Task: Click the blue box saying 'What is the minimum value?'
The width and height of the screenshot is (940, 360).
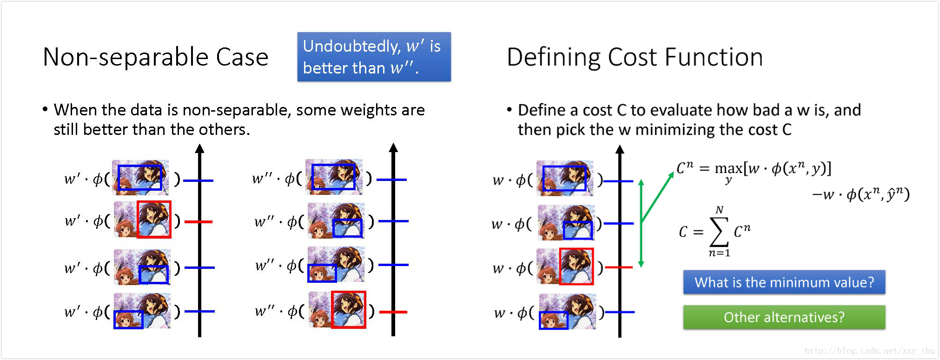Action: (784, 282)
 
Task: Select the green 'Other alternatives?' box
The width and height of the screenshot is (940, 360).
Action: (784, 317)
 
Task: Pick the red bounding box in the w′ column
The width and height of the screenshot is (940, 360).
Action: (154, 220)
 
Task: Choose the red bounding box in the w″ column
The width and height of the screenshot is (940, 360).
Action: (349, 310)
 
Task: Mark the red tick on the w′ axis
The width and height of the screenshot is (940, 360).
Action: (199, 222)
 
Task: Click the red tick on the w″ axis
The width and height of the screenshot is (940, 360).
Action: (393, 312)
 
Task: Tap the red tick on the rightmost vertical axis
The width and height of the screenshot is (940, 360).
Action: (619, 267)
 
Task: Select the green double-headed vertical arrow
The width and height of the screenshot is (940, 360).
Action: (641, 223)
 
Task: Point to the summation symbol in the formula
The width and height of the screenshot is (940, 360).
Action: (719, 232)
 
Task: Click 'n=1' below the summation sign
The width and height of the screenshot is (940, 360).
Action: (719, 253)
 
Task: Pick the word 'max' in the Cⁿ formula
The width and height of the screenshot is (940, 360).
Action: (728, 168)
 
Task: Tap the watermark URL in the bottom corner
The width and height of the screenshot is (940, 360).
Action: (869, 351)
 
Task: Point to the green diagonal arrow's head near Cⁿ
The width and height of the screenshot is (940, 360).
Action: (671, 175)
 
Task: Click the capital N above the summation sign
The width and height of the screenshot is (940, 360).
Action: (720, 210)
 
